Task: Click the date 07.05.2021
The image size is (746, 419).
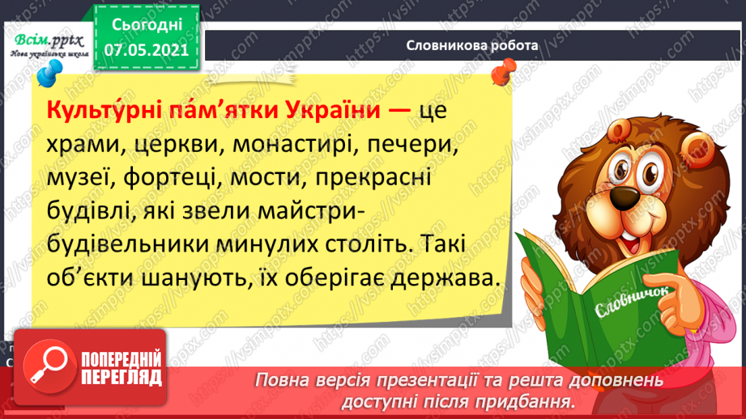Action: point(147,50)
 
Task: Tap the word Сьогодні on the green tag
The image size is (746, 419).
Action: point(147,25)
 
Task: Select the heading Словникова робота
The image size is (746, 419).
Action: point(472,45)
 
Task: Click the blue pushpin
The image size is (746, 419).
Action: point(49,73)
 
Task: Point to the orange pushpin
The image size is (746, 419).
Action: point(504,71)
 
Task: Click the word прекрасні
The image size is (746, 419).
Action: point(373,178)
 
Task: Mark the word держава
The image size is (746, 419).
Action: point(445,279)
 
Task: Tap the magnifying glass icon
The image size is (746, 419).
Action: point(49,366)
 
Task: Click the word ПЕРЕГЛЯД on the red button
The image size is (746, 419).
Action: point(121,378)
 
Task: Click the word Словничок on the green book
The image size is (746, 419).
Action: point(631,300)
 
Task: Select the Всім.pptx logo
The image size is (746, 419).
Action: point(49,45)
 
